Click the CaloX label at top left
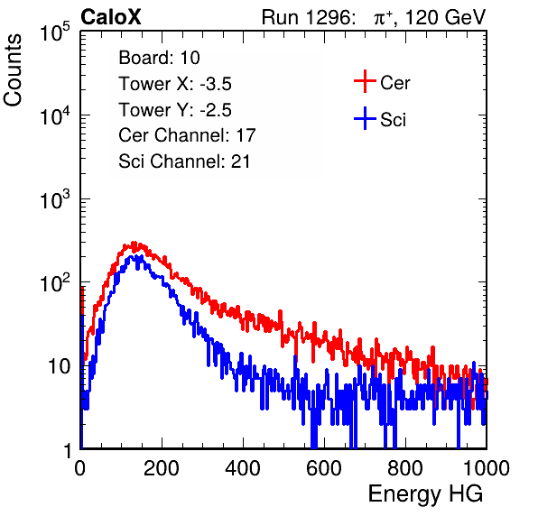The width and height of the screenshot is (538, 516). pyautogui.click(x=111, y=17)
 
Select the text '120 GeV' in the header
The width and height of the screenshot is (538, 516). pyautogui.click(x=445, y=17)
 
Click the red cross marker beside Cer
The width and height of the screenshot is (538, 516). pyautogui.click(x=365, y=81)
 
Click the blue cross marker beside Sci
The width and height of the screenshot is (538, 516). pyautogui.click(x=365, y=118)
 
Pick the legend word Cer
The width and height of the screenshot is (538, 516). pyautogui.click(x=394, y=83)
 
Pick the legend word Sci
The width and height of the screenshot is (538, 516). pyautogui.click(x=393, y=120)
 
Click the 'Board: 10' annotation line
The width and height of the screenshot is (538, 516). pyautogui.click(x=159, y=58)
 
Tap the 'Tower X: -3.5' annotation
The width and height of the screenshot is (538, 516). pyautogui.click(x=175, y=84)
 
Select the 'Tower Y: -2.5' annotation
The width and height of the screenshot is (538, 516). pyautogui.click(x=175, y=110)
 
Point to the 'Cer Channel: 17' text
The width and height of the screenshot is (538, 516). pyautogui.click(x=187, y=135)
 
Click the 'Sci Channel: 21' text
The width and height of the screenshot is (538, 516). pyautogui.click(x=184, y=161)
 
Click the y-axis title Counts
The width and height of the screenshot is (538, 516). pyautogui.click(x=13, y=70)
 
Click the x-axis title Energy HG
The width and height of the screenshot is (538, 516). pyautogui.click(x=425, y=494)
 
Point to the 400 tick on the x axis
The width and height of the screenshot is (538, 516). pyautogui.click(x=243, y=468)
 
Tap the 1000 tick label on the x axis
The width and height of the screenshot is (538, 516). pyautogui.click(x=487, y=468)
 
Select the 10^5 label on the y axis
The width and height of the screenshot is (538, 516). pyautogui.click(x=54, y=32)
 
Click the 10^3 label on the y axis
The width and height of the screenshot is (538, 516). pyautogui.click(x=54, y=200)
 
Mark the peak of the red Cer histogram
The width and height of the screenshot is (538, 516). pyautogui.click(x=134, y=242)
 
